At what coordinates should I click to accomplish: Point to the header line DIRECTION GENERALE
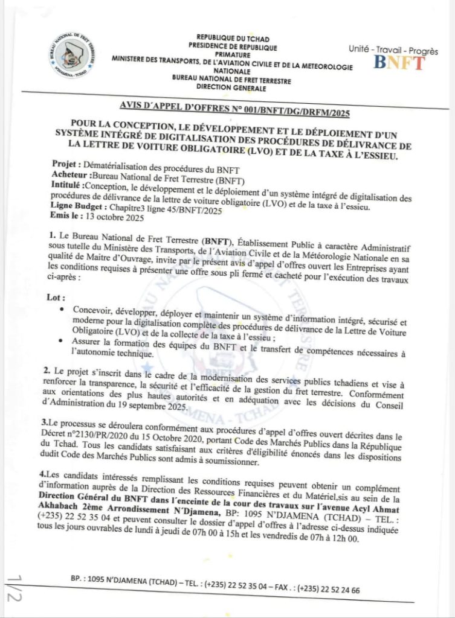232,88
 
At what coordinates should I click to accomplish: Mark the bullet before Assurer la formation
63,342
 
